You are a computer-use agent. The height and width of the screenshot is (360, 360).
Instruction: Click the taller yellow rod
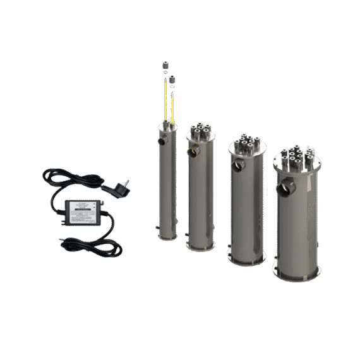pos(163,101)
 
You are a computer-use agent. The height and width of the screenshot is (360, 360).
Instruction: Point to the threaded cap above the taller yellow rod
pos(165,64)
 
